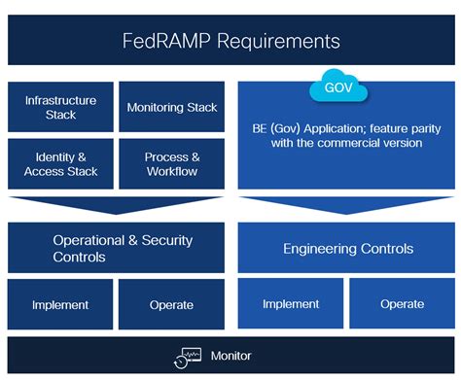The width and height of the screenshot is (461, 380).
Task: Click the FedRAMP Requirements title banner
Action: point(230,41)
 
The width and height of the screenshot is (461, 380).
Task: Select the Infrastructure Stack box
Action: point(60,107)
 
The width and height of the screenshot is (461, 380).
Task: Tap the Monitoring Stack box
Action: point(172,107)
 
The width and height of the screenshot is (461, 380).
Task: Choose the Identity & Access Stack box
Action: point(60,164)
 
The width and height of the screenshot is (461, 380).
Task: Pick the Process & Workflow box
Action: point(172,164)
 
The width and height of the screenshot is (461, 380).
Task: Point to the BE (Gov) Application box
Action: point(345,136)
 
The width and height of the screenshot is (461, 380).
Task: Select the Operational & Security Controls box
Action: point(116,248)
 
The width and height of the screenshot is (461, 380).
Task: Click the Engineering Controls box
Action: point(347,249)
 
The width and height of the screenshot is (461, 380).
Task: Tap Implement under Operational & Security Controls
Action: point(60,305)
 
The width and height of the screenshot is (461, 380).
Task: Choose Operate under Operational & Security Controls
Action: point(171,305)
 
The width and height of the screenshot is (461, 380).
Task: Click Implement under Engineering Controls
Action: point(292,304)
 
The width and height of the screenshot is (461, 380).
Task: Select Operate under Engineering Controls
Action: point(402,304)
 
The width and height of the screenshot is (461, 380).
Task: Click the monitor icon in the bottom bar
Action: point(187,356)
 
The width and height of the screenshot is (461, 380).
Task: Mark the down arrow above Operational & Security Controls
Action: point(116,205)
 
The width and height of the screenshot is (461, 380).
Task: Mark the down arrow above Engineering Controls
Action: point(347,205)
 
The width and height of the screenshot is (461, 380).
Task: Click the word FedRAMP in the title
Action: point(162,41)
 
